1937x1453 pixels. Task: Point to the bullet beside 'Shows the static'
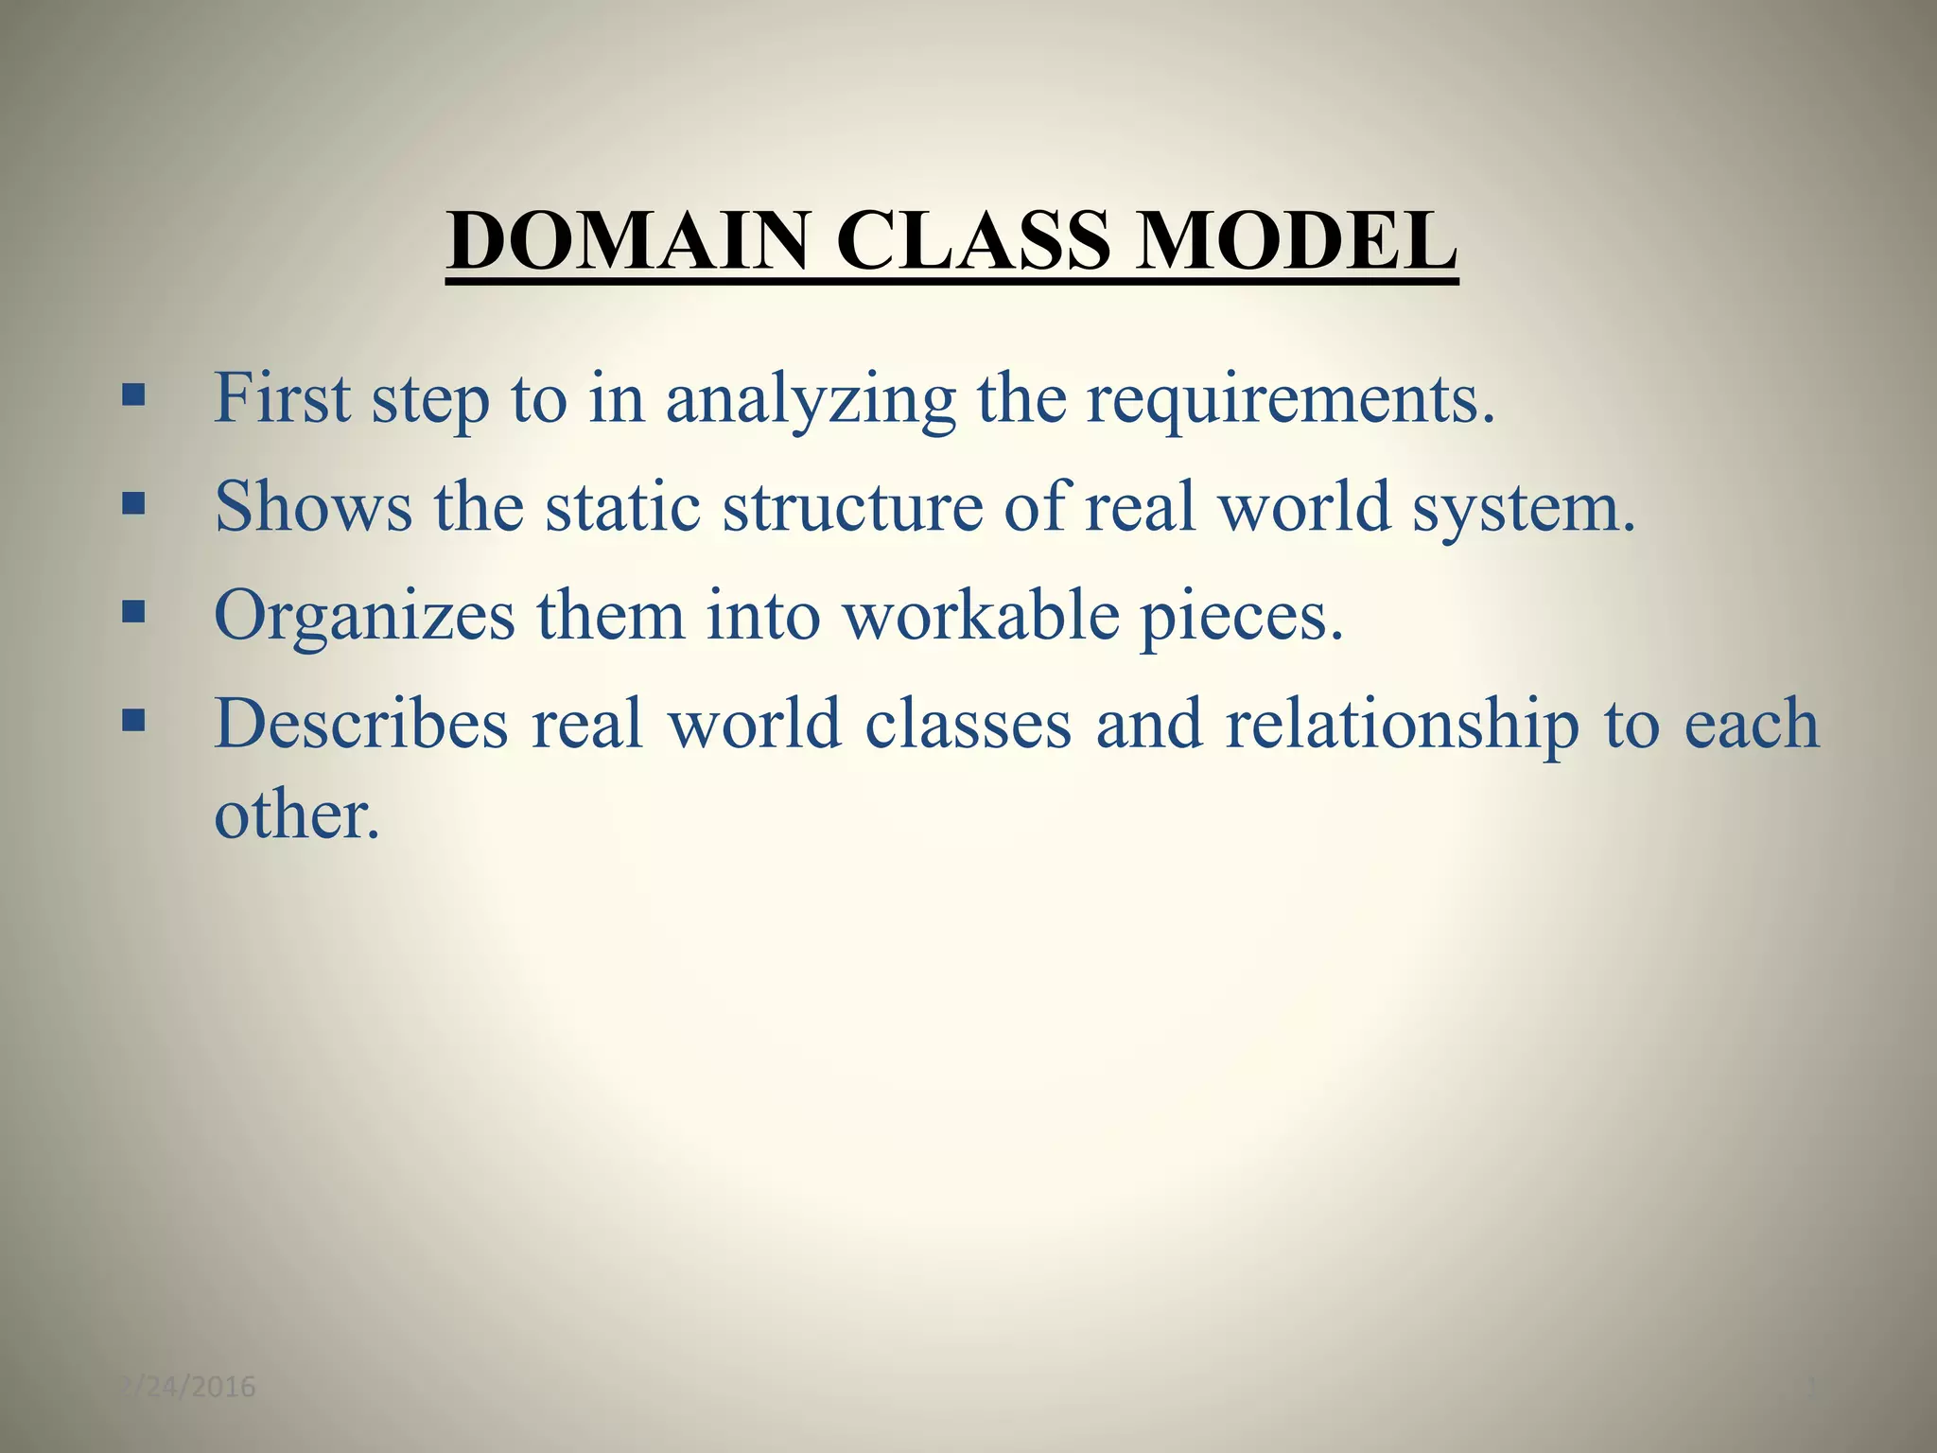click(133, 502)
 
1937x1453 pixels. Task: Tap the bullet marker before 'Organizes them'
click(133, 611)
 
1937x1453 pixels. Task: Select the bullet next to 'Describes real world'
click(133, 721)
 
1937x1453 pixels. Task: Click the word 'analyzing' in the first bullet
click(811, 401)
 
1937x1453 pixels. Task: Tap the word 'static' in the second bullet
click(622, 507)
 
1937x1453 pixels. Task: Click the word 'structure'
click(852, 507)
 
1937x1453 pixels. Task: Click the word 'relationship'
click(1402, 726)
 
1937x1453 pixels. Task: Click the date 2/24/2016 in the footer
click(189, 1387)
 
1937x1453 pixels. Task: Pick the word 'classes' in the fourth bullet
click(968, 725)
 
